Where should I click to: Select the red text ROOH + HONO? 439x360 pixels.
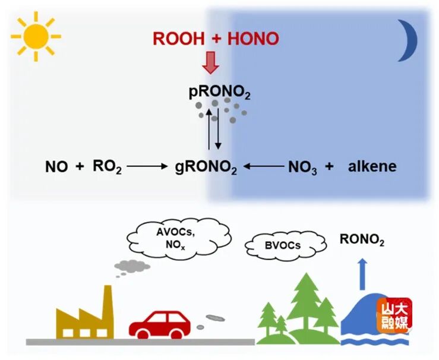pos(216,39)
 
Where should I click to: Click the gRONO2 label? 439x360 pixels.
pos(206,168)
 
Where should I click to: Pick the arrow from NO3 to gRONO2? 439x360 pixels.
pos(264,167)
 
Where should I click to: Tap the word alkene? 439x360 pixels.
pos(372,166)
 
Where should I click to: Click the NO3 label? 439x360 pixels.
pos(302,168)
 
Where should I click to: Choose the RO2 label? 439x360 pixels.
pos(108,167)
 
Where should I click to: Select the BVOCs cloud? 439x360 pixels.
pos(285,244)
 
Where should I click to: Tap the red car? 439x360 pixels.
pos(159,323)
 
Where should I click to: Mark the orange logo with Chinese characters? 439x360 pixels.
pos(394,315)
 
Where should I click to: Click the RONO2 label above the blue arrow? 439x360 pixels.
pos(362,240)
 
